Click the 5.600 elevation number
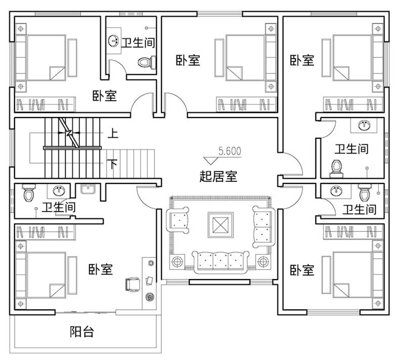click(230, 150)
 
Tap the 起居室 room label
click(218, 177)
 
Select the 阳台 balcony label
click(81, 332)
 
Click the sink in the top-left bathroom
click(113, 41)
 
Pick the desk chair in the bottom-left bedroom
click(132, 284)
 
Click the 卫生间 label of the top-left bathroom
click(137, 43)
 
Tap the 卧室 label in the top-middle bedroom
click(188, 60)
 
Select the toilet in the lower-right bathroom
click(364, 193)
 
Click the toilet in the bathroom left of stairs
click(29, 192)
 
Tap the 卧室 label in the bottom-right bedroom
click(302, 270)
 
